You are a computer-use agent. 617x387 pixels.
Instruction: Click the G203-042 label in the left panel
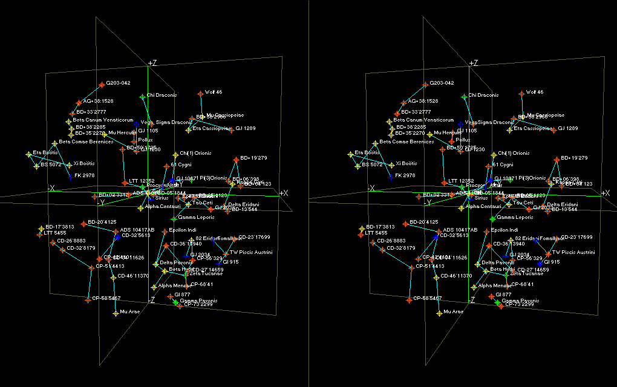tap(119, 83)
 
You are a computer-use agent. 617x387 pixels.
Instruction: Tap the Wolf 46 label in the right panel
tap(535, 92)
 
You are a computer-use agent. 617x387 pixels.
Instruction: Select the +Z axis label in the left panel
tap(152, 63)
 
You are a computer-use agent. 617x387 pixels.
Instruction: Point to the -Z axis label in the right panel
tap(473, 299)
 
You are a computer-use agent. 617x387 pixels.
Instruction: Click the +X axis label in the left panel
tap(283, 192)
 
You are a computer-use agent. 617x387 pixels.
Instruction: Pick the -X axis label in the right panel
tap(371, 189)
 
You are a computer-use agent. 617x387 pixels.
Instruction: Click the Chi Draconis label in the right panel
tap(483, 95)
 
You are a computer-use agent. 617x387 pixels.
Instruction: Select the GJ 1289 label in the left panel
tap(246, 128)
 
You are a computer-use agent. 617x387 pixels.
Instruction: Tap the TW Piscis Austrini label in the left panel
tap(251, 252)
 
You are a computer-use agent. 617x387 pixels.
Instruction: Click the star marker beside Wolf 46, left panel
tap(200, 93)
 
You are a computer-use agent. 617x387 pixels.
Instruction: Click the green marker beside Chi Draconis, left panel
tap(142, 97)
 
